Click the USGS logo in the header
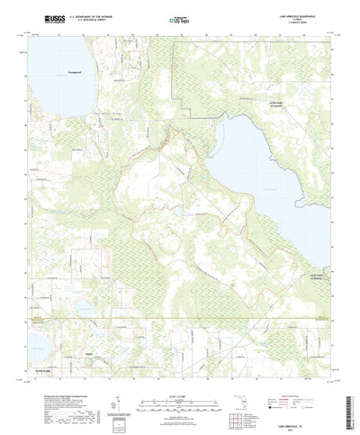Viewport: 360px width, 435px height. [x=41, y=17]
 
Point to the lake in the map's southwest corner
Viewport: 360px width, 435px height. [x=36, y=341]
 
